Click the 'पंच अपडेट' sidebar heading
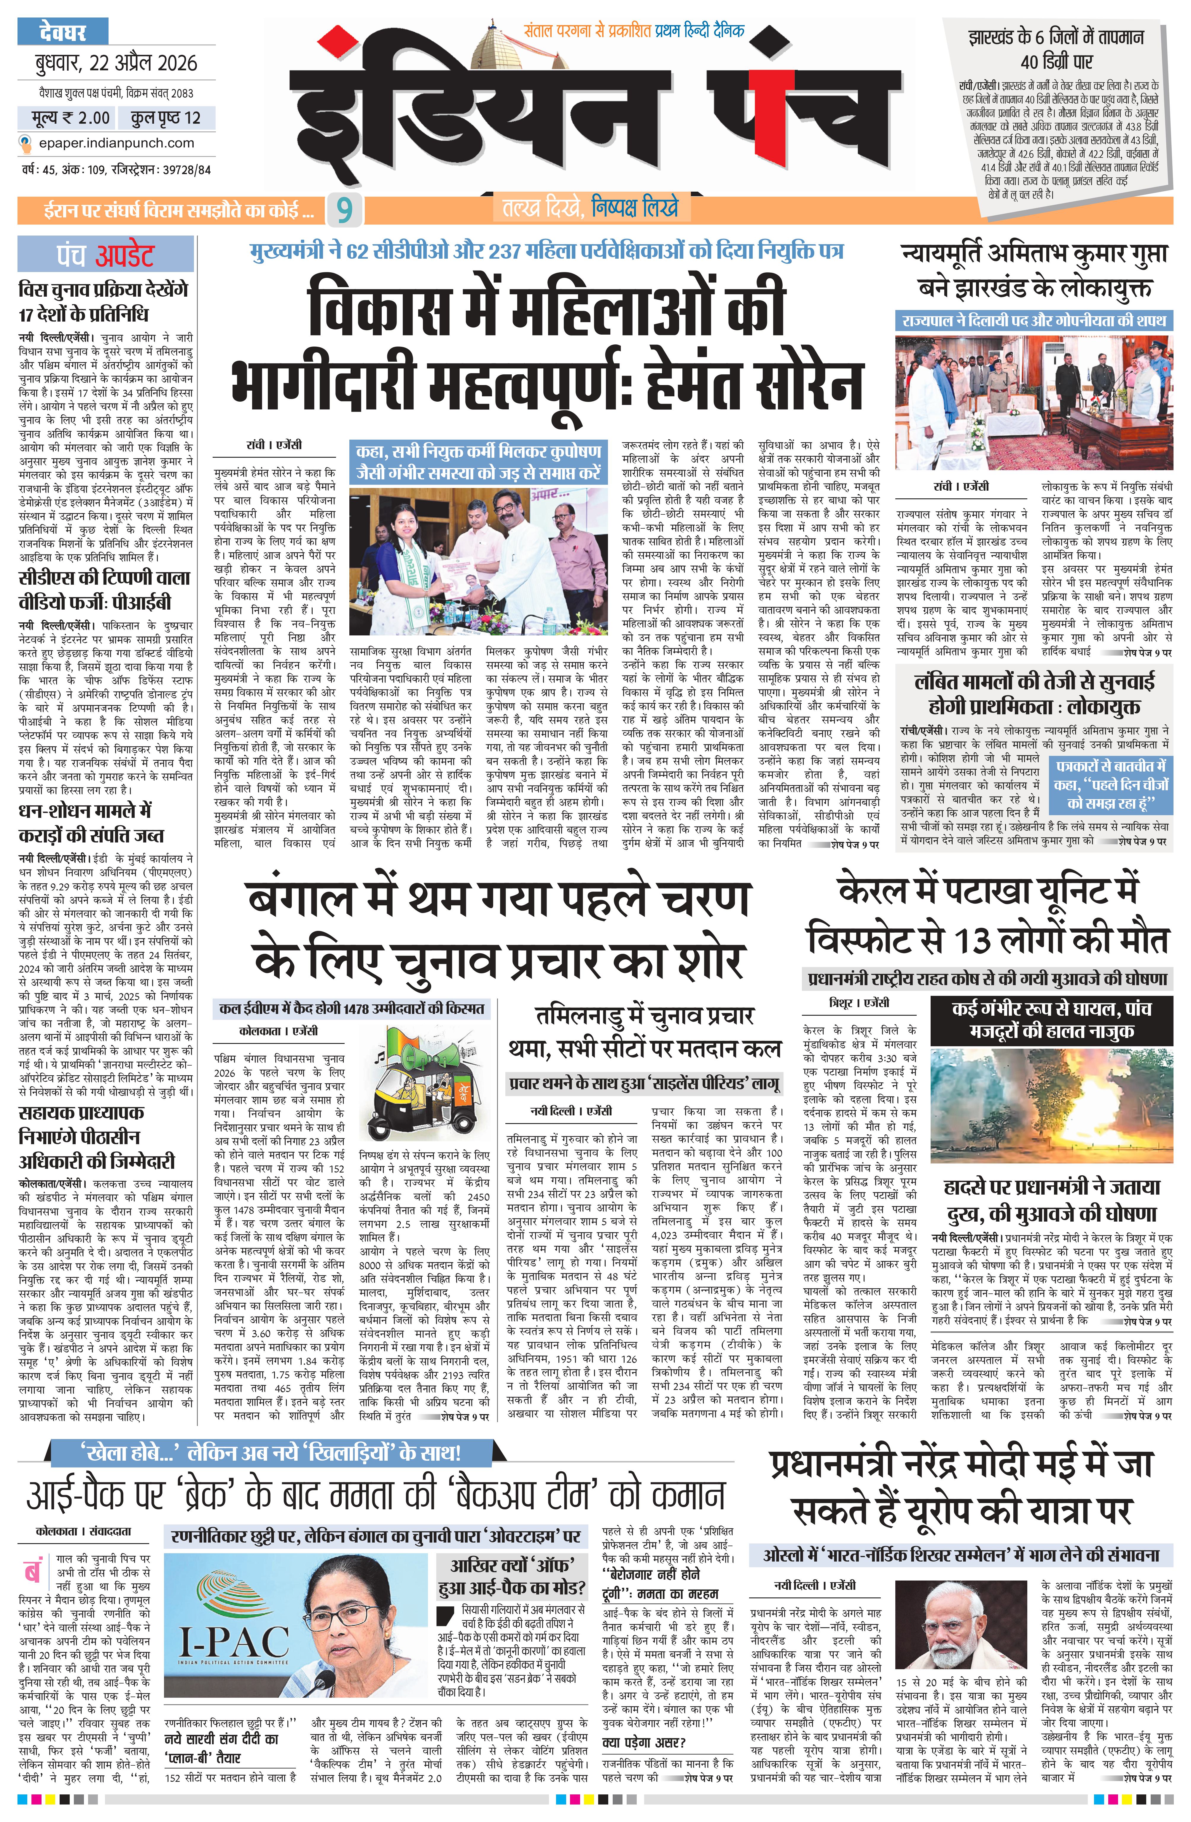pos(105,255)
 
